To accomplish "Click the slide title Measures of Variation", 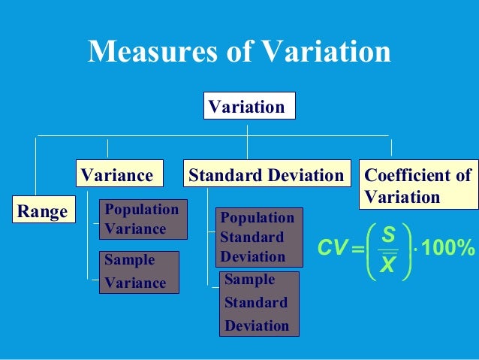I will point(239,52).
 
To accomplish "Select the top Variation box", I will point(249,106).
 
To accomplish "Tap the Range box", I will point(42,211).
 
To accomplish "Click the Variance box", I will point(118,175).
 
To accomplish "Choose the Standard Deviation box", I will point(267,175).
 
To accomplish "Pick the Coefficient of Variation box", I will point(418,186).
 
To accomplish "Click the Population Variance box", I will point(143,219).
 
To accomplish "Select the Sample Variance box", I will point(140,271).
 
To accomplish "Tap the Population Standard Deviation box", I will point(258,237).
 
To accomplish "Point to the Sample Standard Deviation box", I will point(258,303).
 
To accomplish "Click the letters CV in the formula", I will point(331,248).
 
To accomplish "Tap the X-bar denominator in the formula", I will point(388,265).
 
